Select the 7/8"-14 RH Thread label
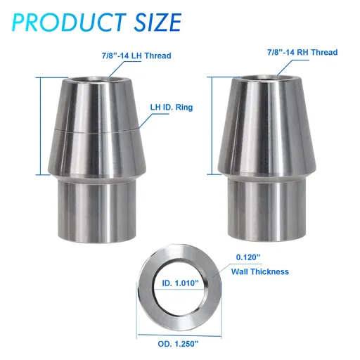(302, 53)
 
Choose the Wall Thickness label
(259, 271)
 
